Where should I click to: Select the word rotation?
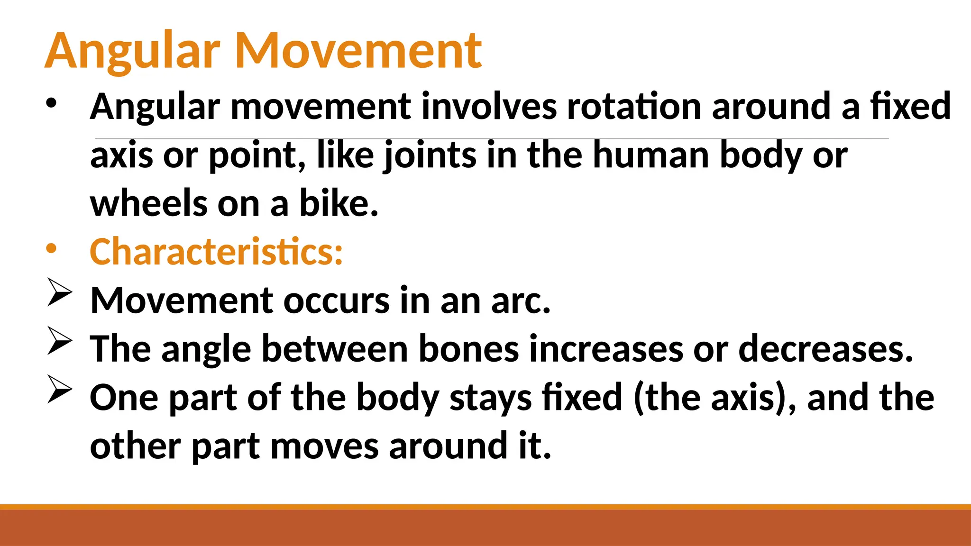pyautogui.click(x=634, y=106)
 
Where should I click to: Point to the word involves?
pyautogui.click(x=489, y=106)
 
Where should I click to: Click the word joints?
pyautogui.click(x=430, y=155)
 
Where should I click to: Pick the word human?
pyautogui.click(x=650, y=155)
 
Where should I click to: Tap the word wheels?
pyautogui.click(x=148, y=204)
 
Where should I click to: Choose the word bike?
pyautogui.click(x=339, y=204)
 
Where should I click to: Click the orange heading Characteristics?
pyautogui.click(x=216, y=252)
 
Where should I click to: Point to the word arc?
pyautogui.click(x=521, y=301)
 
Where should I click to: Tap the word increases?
pyautogui.click(x=605, y=349)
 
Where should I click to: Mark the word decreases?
pyautogui.click(x=825, y=349)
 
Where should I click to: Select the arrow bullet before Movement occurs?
pyautogui.click(x=60, y=293)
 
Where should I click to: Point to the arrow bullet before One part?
pyautogui.click(x=60, y=390)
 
